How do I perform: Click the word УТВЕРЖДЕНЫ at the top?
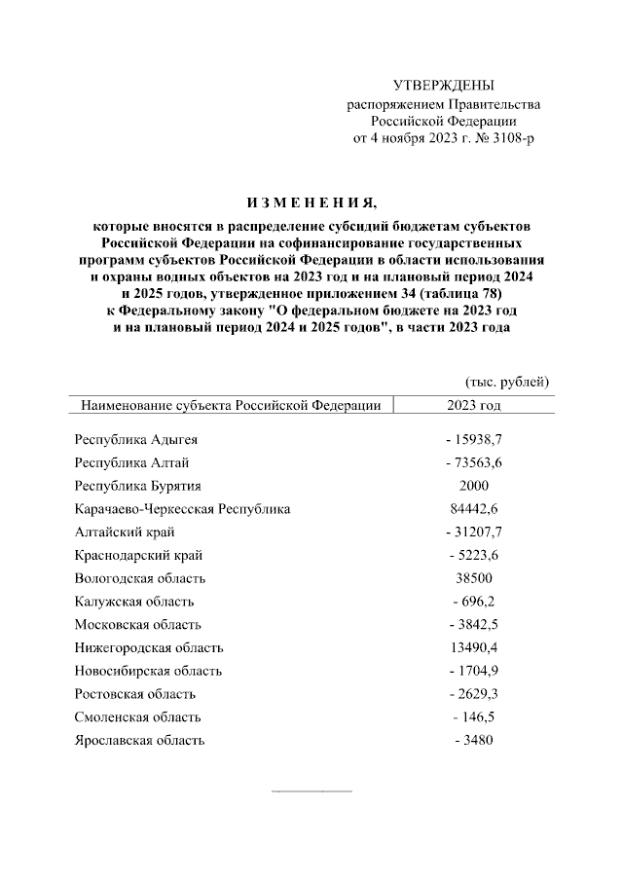click(x=443, y=86)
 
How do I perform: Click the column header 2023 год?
click(x=474, y=404)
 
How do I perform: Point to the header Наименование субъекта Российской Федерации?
click(x=231, y=404)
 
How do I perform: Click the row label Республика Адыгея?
click(x=136, y=440)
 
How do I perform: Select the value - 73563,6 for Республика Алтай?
click(x=474, y=462)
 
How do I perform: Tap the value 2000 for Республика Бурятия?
click(x=474, y=486)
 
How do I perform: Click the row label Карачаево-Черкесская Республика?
click(x=183, y=508)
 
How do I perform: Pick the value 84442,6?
click(x=474, y=508)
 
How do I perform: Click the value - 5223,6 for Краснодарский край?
click(x=474, y=555)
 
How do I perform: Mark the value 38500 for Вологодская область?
click(x=474, y=578)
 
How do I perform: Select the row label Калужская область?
click(x=134, y=602)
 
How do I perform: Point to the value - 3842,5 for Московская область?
click(x=474, y=624)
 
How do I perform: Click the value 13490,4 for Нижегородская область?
click(x=474, y=647)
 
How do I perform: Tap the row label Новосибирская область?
click(x=149, y=671)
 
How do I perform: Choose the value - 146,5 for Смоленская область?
click(x=474, y=717)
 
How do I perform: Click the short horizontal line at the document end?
click(x=311, y=789)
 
